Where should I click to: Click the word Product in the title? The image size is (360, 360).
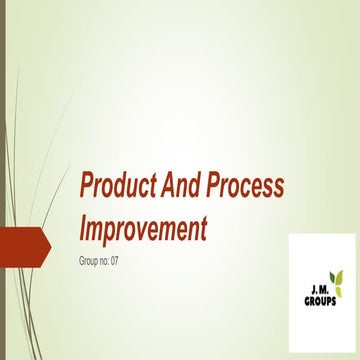(x=116, y=186)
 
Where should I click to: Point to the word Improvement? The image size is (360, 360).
(x=143, y=228)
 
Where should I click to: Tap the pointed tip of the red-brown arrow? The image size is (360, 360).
(x=49, y=243)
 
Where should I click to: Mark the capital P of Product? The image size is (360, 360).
(x=86, y=186)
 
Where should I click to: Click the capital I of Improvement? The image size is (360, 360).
(x=82, y=228)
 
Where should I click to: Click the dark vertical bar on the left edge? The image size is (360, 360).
(x=3, y=180)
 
